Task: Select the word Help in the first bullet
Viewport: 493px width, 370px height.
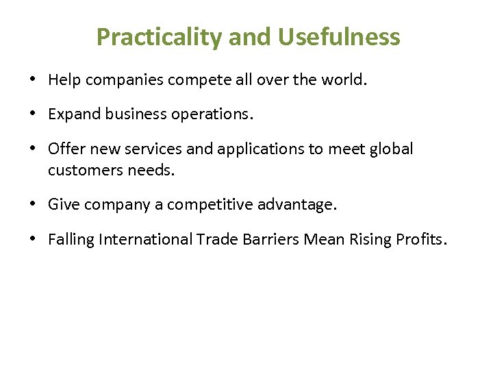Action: pyautogui.click(x=64, y=80)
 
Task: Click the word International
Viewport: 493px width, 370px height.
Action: pyautogui.click(x=145, y=239)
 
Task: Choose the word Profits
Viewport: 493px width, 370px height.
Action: pyautogui.click(x=419, y=239)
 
